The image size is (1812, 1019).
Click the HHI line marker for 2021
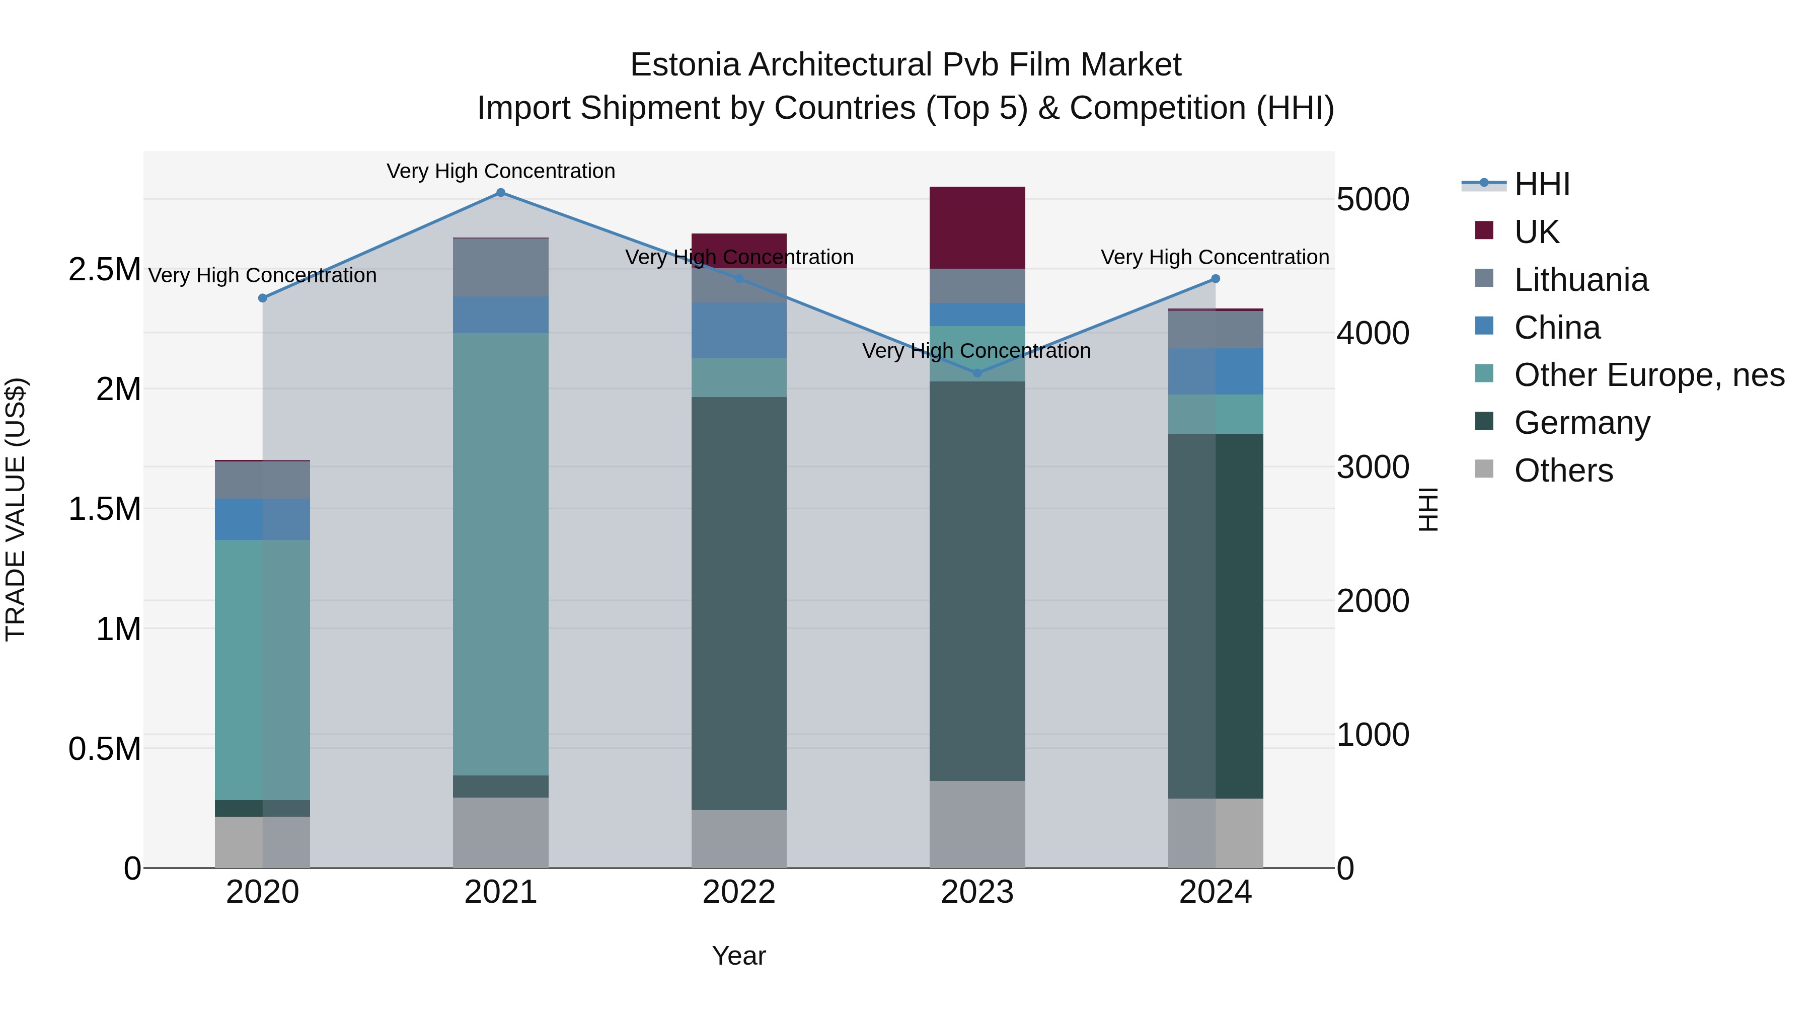pyautogui.click(x=501, y=193)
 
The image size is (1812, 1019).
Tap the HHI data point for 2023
pyautogui.click(x=977, y=373)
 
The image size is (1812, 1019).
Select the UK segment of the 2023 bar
pyautogui.click(x=977, y=227)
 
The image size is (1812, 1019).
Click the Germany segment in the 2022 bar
pyautogui.click(x=738, y=603)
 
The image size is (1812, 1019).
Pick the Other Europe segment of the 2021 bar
pyautogui.click(x=501, y=554)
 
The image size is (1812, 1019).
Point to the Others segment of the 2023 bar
pyautogui.click(x=977, y=824)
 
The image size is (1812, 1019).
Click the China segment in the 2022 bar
pyautogui.click(x=738, y=331)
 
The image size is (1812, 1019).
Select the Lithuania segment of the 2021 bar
pyautogui.click(x=501, y=267)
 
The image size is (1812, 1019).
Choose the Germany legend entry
pyautogui.click(x=1582, y=423)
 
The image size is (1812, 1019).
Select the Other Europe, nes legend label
pyautogui.click(x=1649, y=375)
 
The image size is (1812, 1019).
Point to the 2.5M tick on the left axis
pyautogui.click(x=104, y=269)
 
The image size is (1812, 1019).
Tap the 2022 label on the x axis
pyautogui.click(x=738, y=892)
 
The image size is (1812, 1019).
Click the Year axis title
pyautogui.click(x=738, y=956)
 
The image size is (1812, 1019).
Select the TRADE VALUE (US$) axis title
pyautogui.click(x=16, y=509)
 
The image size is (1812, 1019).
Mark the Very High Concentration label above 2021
pyautogui.click(x=501, y=171)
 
